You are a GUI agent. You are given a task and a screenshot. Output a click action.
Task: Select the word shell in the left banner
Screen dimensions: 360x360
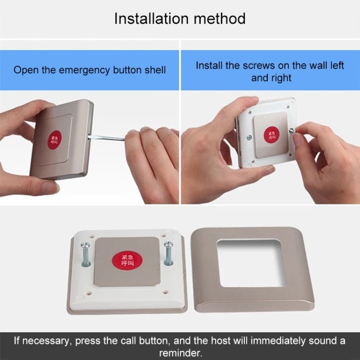tap(154, 70)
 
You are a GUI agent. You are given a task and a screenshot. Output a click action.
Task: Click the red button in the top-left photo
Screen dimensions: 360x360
tap(55, 140)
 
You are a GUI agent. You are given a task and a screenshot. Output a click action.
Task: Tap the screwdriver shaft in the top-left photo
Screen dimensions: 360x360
tap(107, 138)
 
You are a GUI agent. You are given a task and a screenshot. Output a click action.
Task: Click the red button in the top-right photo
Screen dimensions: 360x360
tap(272, 134)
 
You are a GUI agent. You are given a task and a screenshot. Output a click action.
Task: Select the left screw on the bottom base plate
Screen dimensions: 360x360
tap(85, 254)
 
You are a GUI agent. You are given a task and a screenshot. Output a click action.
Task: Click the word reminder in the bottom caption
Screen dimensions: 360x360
tap(180, 353)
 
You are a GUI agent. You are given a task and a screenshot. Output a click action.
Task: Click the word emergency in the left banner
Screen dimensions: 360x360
tap(84, 70)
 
